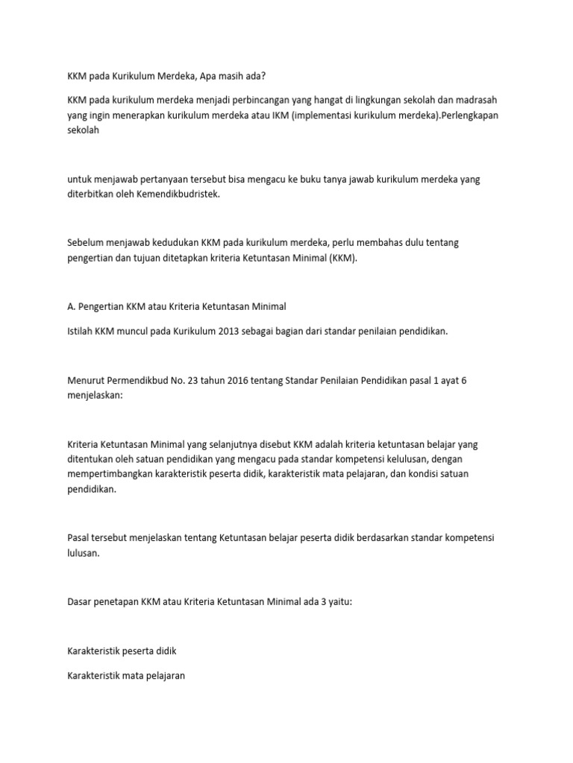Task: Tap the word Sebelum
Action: coord(84,243)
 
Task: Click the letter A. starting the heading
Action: coord(71,307)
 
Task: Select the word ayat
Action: coord(444,380)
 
